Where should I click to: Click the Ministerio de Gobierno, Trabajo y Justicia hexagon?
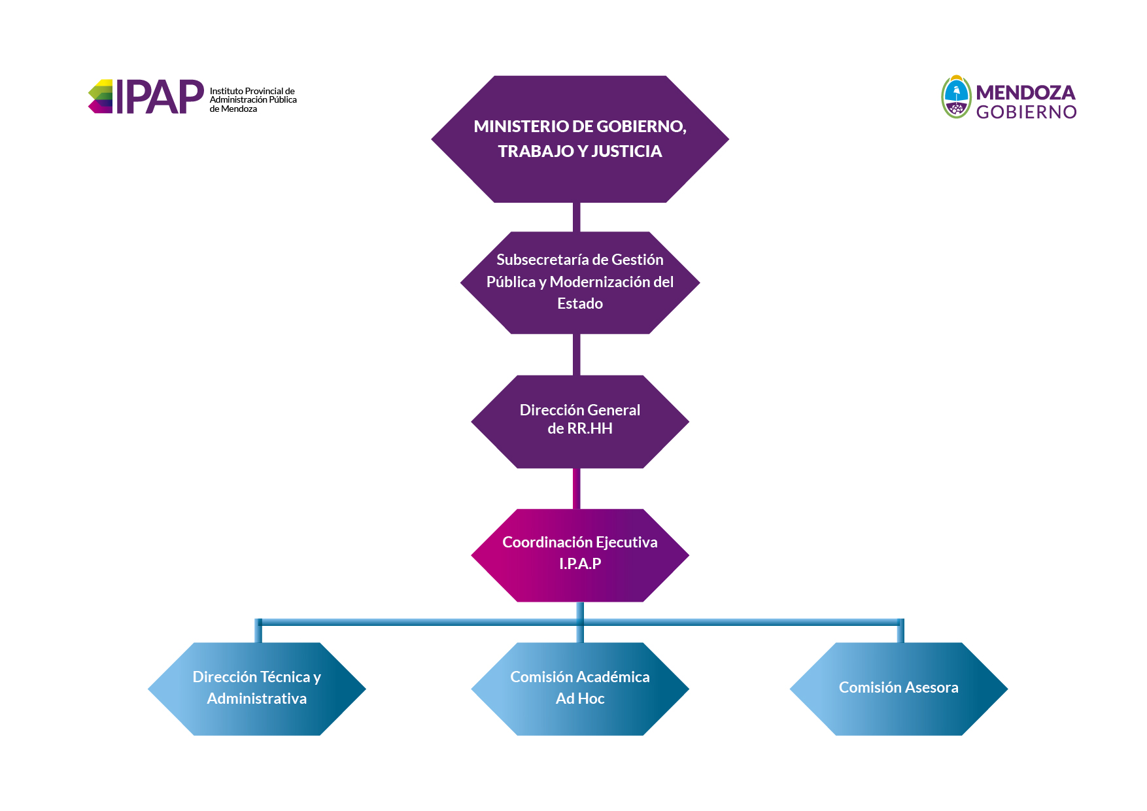580,139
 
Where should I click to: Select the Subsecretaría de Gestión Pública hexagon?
580,283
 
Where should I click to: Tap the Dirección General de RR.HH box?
580,422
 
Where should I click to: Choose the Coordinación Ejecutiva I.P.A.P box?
580,555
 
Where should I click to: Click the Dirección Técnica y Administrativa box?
257,689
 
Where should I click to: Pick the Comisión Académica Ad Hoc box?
580,689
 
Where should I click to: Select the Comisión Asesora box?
899,689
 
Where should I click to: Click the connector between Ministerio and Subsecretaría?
577,217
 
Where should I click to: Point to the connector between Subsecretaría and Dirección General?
577,354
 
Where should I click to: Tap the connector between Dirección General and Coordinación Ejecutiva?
577,489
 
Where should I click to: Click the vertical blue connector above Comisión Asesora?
900,630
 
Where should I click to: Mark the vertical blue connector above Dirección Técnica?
258,630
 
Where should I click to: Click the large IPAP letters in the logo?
160,97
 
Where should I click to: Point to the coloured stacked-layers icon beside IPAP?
101,96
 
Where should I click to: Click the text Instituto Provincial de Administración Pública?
253,95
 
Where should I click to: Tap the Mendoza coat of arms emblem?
956,97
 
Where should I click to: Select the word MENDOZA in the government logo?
1025,92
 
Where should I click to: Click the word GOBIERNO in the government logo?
1027,112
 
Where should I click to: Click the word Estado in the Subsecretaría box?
580,303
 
